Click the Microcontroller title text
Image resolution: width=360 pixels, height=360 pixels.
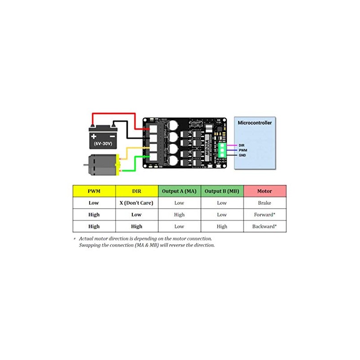255,122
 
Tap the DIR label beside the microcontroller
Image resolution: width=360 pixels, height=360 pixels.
242,145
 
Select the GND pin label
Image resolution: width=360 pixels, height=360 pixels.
242,155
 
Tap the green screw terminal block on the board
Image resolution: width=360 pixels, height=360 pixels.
222,150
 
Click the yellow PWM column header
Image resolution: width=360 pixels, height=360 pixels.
94,191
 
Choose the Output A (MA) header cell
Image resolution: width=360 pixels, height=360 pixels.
179,191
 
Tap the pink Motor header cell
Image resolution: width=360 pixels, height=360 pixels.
265,191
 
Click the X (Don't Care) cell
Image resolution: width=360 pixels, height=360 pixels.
136,203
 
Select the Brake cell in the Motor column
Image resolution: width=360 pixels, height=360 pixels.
265,203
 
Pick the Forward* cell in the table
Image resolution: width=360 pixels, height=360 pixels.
265,215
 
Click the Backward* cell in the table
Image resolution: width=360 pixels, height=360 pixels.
265,226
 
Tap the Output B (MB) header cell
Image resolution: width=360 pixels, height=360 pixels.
222,191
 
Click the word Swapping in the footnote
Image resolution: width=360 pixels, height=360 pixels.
90,245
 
